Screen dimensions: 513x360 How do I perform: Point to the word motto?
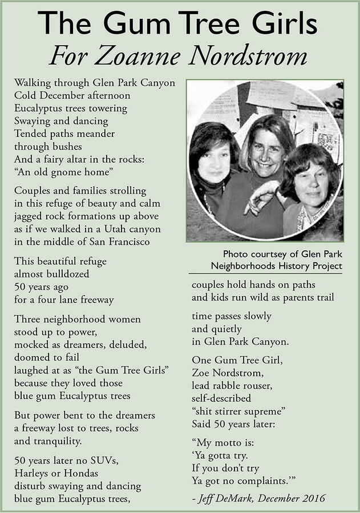[235, 442]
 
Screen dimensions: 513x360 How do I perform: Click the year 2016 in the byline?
[313, 498]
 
